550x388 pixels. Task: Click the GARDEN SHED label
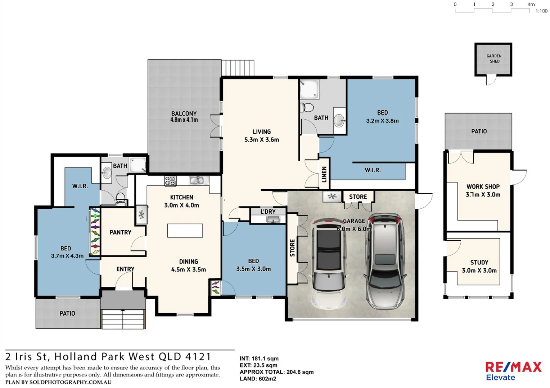[494, 59]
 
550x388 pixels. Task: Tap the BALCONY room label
[184, 117]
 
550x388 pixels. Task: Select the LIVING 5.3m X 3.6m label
[262, 136]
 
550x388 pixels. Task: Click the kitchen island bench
[185, 231]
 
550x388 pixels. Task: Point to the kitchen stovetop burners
[170, 181]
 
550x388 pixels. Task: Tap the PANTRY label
[120, 232]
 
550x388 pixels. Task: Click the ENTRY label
[125, 269]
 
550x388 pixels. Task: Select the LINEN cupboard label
[324, 175]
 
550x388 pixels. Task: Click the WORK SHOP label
[483, 190]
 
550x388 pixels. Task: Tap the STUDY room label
[479, 266]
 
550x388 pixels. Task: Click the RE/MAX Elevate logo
[513, 371]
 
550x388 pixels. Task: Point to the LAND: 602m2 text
[258, 379]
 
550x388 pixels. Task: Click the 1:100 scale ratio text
[541, 11]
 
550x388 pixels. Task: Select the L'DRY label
[268, 212]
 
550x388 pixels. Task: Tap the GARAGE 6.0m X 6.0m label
[354, 225]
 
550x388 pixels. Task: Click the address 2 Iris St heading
[108, 357]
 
